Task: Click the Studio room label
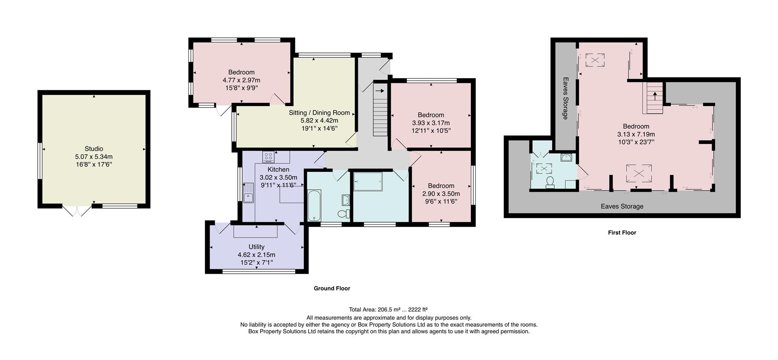pos(94,149)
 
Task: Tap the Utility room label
pos(256,247)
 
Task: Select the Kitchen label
pos(278,169)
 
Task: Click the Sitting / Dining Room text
pos(319,113)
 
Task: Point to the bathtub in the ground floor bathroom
pos(314,205)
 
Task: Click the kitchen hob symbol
pos(268,156)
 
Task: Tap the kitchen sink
pos(248,193)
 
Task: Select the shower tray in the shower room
pos(368,181)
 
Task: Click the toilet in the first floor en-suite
pos(550,182)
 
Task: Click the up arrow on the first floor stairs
pos(654,96)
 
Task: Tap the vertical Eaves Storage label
pos(565,99)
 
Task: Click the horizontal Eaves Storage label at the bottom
pos(622,206)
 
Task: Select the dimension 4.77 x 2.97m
pos(241,80)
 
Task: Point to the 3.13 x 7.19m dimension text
pos(636,134)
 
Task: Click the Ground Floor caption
pos(331,289)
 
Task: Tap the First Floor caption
pos(622,233)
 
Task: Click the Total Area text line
pos(388,310)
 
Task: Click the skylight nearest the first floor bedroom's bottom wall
pos(639,173)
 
